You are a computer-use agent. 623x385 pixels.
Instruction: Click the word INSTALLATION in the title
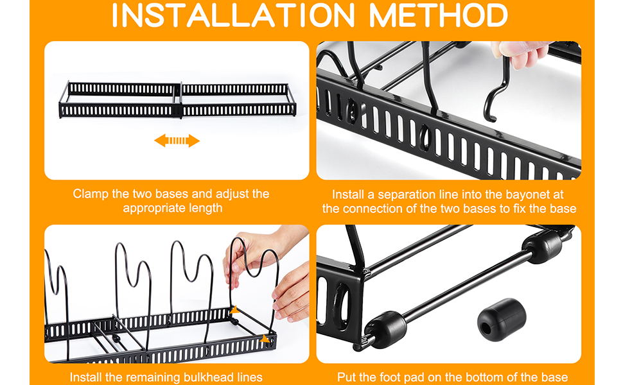[233, 15]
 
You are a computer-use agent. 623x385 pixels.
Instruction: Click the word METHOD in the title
[439, 15]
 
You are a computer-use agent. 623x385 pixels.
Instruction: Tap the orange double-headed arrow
[177, 141]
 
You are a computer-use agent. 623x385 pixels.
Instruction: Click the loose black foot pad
[502, 320]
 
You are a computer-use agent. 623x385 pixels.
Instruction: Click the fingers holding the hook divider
[519, 54]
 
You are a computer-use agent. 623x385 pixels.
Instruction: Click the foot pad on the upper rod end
[542, 246]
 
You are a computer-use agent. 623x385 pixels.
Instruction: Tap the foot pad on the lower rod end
[385, 329]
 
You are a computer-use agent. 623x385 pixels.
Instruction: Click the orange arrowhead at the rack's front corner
[265, 339]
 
